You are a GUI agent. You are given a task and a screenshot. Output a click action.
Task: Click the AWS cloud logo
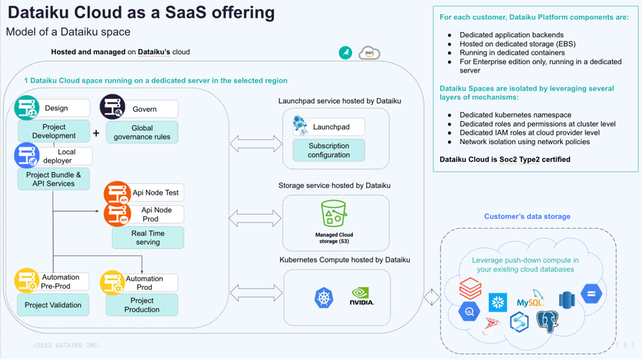click(x=369, y=53)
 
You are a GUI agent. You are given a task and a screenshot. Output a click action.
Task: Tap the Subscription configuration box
click(x=328, y=150)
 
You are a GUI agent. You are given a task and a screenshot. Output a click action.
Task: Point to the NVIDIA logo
click(x=361, y=297)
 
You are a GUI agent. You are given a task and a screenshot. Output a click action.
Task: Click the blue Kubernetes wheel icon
click(x=324, y=297)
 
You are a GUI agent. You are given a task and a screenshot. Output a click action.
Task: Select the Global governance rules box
click(x=142, y=133)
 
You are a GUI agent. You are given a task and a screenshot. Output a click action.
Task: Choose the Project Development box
click(x=53, y=132)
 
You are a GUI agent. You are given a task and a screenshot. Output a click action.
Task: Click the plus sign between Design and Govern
click(x=96, y=133)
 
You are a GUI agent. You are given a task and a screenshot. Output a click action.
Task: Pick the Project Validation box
click(x=53, y=305)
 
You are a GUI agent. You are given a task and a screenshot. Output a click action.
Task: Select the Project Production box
click(x=142, y=305)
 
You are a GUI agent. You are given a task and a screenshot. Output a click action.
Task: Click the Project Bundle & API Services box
click(x=53, y=180)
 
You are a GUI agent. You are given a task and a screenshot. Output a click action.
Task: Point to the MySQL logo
click(x=530, y=299)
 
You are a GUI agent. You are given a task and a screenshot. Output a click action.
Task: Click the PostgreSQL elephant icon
click(x=547, y=322)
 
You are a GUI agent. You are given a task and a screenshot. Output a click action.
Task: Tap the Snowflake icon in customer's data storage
click(x=497, y=302)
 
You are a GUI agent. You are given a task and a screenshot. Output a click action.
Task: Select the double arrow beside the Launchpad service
click(x=256, y=145)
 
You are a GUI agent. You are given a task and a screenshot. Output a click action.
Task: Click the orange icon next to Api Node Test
click(x=117, y=192)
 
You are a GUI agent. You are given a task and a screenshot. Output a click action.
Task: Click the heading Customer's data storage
click(x=527, y=217)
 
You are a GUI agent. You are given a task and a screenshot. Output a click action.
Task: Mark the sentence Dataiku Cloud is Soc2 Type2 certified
click(x=504, y=160)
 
